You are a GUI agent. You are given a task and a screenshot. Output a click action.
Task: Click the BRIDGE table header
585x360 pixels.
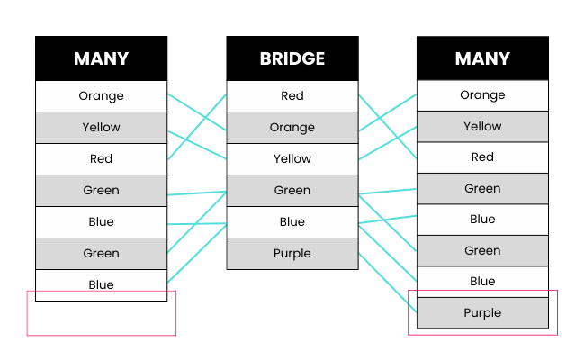[292, 58]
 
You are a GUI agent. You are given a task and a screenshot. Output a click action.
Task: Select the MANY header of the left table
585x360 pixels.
[101, 58]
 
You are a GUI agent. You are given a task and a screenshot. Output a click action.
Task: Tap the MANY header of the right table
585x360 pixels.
[482, 58]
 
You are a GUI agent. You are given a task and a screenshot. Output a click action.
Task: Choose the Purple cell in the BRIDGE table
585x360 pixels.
[292, 254]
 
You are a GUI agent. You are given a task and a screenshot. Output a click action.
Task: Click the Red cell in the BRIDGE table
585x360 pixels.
[292, 96]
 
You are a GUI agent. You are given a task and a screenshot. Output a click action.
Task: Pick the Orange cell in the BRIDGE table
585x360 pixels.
[292, 128]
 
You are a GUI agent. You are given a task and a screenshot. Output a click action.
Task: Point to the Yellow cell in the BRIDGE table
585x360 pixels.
[292, 159]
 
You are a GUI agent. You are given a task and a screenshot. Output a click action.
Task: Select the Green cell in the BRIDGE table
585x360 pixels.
[292, 191]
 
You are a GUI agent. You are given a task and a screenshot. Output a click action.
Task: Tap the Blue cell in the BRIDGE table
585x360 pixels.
[292, 222]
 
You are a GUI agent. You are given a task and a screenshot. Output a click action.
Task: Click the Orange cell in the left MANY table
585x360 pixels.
[101, 96]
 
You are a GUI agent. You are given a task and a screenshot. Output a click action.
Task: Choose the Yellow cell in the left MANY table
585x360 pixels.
[101, 128]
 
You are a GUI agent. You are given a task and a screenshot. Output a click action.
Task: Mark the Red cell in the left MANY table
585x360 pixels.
[101, 159]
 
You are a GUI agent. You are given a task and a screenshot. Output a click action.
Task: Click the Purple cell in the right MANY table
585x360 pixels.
[482, 313]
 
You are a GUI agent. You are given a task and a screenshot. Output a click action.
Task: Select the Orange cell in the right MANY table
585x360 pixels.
[482, 95]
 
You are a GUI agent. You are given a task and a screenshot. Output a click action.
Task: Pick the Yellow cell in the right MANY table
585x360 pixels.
[482, 127]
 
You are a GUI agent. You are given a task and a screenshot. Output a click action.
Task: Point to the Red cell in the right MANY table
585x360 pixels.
[482, 157]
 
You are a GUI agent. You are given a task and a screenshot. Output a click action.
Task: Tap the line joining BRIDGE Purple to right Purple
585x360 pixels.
[388, 283]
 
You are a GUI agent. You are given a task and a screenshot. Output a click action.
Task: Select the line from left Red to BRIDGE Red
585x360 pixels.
[197, 127]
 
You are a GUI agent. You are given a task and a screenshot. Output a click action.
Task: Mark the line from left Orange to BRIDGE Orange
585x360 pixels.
[197, 110]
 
